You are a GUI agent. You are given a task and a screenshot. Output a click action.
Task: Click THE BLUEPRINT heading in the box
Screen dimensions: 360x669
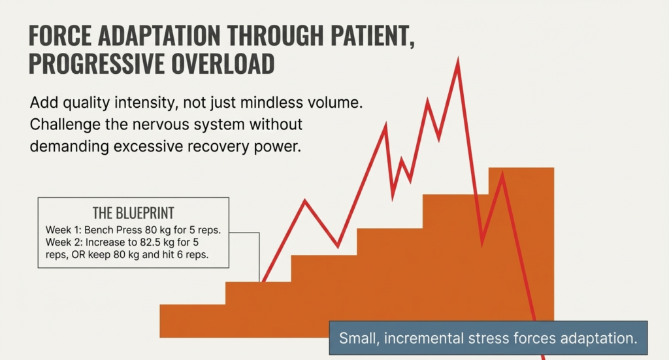coord(133,214)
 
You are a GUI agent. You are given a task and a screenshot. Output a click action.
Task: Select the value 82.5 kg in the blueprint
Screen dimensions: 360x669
coord(163,242)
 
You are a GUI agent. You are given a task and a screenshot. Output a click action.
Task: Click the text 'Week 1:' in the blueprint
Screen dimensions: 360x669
coord(63,230)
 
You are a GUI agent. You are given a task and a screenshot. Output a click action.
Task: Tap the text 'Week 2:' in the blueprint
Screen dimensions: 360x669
coord(63,242)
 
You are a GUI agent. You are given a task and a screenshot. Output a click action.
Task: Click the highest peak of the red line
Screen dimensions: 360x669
coord(457,60)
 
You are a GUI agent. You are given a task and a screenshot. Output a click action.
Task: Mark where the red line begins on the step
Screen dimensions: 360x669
coord(263,282)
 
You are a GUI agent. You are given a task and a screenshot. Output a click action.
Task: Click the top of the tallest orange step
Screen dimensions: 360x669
coord(521,169)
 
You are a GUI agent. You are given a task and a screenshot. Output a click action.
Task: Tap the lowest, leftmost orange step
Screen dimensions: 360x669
coord(193,320)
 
